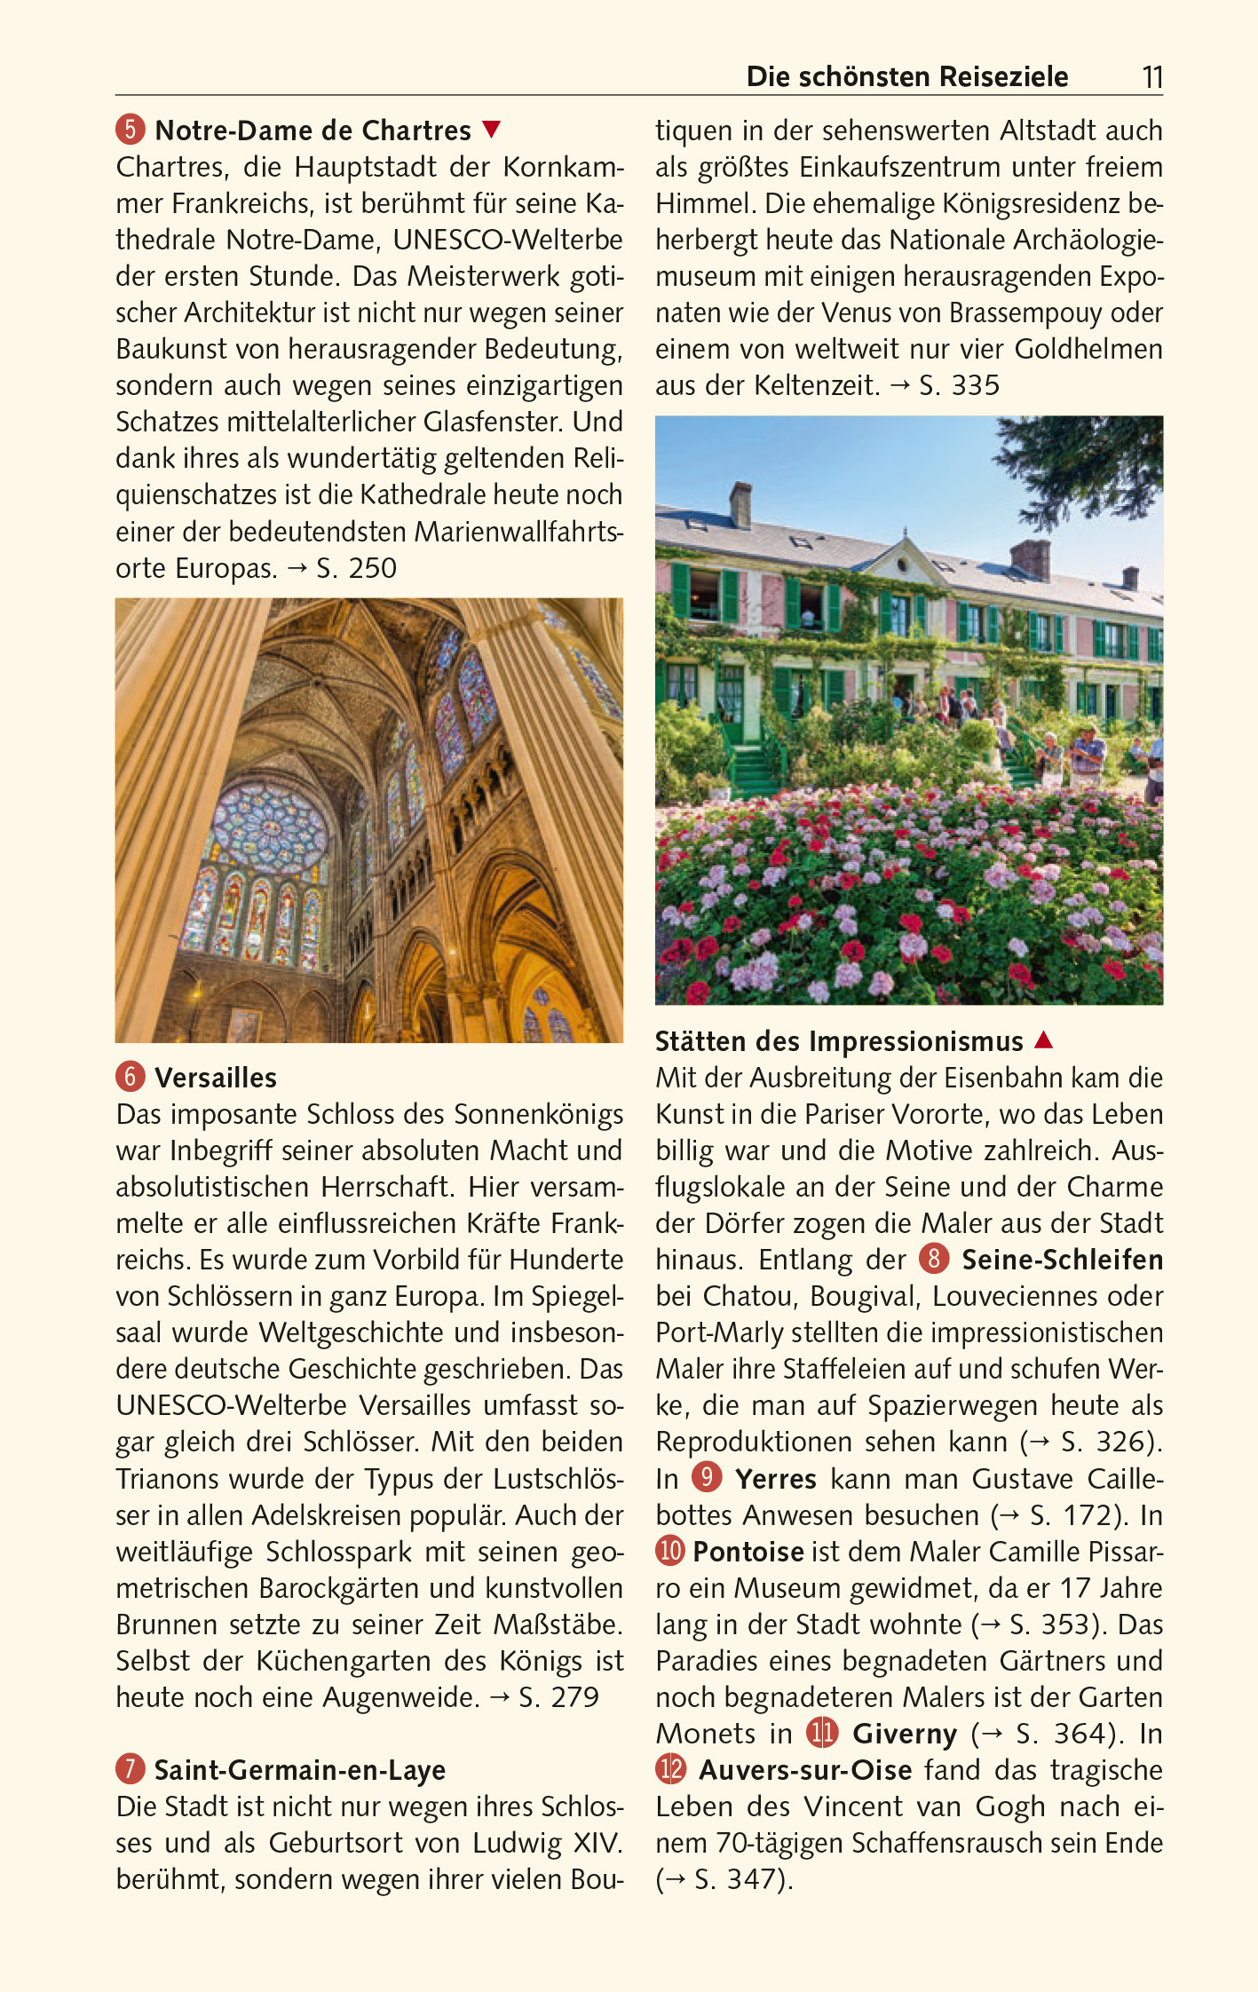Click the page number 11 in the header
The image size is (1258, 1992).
pos(1151,77)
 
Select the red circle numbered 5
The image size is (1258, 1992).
pos(130,130)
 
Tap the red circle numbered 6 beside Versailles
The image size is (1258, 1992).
pos(130,1077)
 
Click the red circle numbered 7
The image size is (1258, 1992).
pos(130,1769)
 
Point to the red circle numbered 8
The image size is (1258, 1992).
pos(934,1259)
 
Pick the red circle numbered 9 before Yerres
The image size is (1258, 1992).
pos(707,1477)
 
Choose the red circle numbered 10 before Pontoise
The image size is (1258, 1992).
pos(670,1551)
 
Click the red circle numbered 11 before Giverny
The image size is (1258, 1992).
pos(822,1732)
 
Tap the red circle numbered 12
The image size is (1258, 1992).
pos(671,1769)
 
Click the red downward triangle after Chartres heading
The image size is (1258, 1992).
pos(492,130)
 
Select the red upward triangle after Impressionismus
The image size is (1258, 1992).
pos(1044,1039)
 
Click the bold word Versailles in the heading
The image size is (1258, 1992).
pos(216,1078)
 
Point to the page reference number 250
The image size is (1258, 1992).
pos(373,568)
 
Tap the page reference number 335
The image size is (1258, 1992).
pos(976,385)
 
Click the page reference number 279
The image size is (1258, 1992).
pos(575,1697)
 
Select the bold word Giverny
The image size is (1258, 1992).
pos(905,1733)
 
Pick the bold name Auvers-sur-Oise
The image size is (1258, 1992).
pos(805,1770)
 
